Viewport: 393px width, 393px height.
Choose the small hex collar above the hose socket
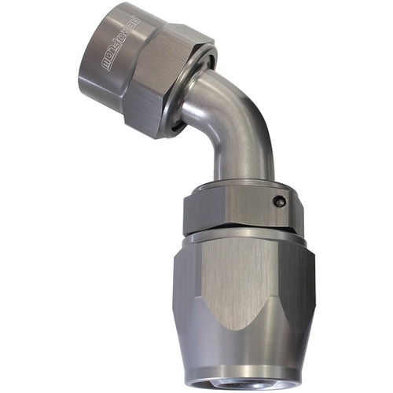pos(236,208)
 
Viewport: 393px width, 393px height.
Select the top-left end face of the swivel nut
pos(94,24)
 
